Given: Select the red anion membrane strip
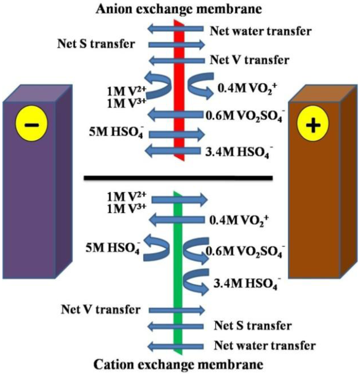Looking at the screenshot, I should [179, 75].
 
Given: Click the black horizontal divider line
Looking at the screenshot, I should [178, 178].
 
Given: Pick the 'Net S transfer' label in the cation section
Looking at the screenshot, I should [253, 326].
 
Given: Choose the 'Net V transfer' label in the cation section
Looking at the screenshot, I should [100, 310].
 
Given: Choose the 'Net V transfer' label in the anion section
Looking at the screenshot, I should [249, 60].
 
